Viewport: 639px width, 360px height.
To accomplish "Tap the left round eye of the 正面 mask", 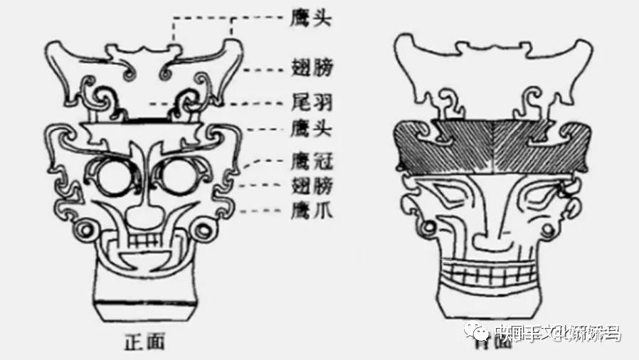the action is pos(113,179).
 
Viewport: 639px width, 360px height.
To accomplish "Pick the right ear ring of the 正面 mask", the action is pos(204,231).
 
